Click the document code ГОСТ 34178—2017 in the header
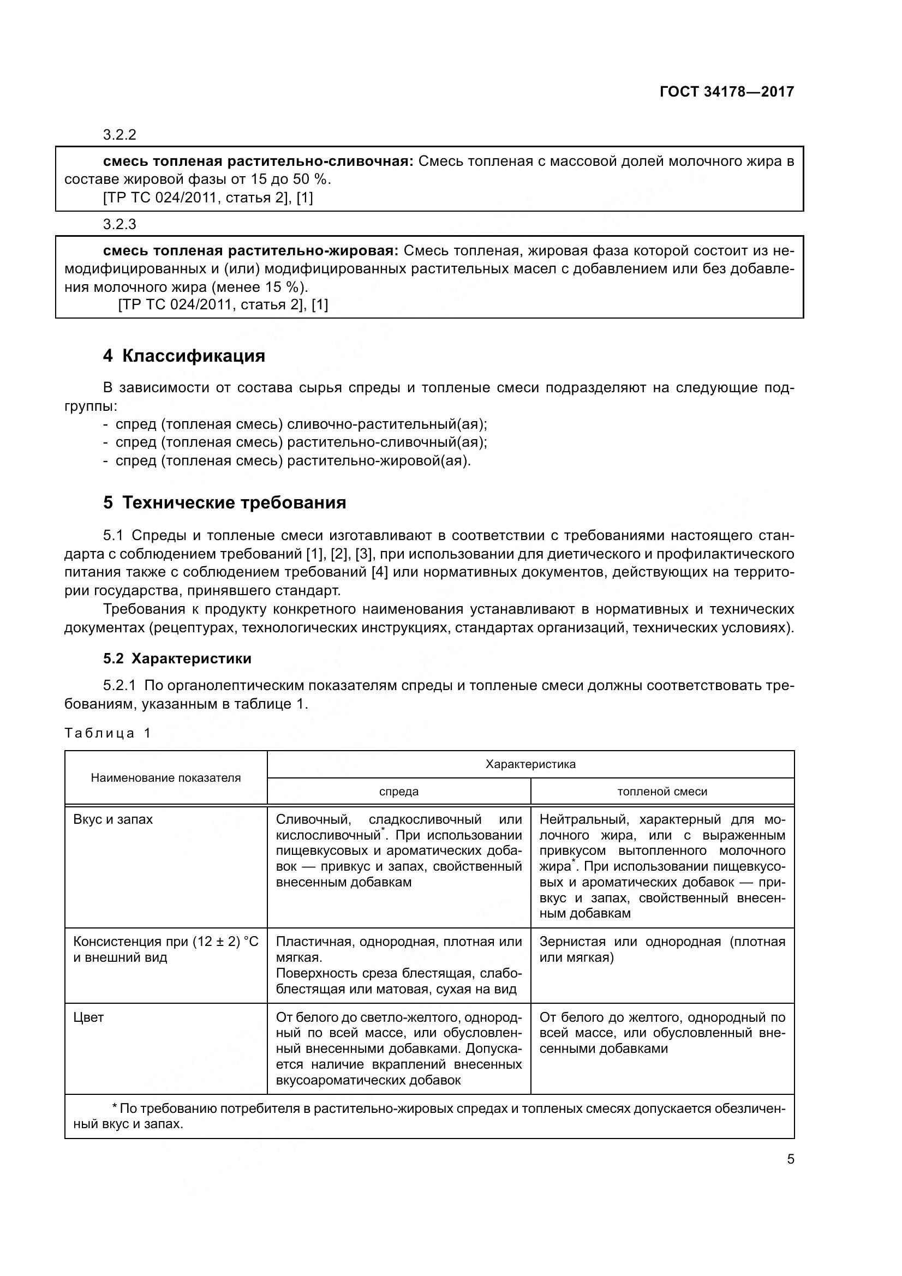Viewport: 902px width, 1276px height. click(x=726, y=92)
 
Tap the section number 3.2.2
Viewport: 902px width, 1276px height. click(x=120, y=135)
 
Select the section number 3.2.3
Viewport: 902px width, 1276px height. click(x=120, y=224)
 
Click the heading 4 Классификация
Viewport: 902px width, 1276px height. click(x=184, y=356)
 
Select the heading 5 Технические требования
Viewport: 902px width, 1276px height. click(x=224, y=502)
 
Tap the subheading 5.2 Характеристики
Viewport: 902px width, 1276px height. click(x=177, y=658)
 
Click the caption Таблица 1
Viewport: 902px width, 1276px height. click(x=108, y=733)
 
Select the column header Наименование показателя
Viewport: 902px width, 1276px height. click(x=166, y=777)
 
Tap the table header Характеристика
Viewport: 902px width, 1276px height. click(x=530, y=764)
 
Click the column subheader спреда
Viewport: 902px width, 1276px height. click(x=398, y=792)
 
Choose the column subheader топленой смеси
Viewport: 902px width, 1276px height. click(x=662, y=792)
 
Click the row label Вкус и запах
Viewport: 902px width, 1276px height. click(x=113, y=819)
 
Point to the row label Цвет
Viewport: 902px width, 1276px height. click(x=88, y=1017)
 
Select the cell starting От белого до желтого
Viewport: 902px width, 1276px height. click(x=662, y=1033)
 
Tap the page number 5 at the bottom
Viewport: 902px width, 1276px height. click(x=790, y=1159)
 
